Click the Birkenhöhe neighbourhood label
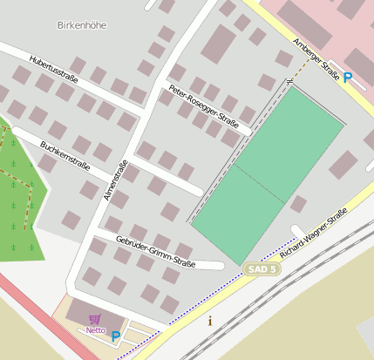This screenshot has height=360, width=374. point(81,25)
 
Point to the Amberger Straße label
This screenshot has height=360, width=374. point(316,59)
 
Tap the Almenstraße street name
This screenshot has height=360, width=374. point(115,180)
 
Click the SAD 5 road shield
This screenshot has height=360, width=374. point(262,269)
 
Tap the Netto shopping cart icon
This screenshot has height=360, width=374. point(94,319)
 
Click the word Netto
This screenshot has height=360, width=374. point(95,330)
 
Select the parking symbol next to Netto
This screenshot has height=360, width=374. point(115,336)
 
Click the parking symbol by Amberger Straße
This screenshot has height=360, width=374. point(348,78)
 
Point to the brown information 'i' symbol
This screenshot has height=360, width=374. point(209,321)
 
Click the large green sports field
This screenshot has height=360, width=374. point(266,174)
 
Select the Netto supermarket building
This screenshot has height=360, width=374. point(87,312)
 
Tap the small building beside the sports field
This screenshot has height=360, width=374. point(298,204)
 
